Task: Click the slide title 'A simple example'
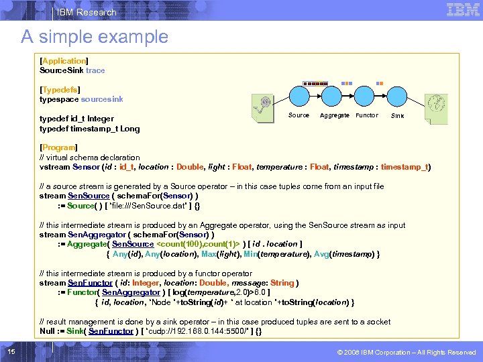point(94,37)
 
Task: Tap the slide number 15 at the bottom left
point(11,353)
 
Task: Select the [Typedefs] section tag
point(61,90)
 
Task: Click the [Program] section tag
point(59,147)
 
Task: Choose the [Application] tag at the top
point(64,61)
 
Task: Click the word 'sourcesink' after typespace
point(102,99)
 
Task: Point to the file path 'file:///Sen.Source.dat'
point(142,206)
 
